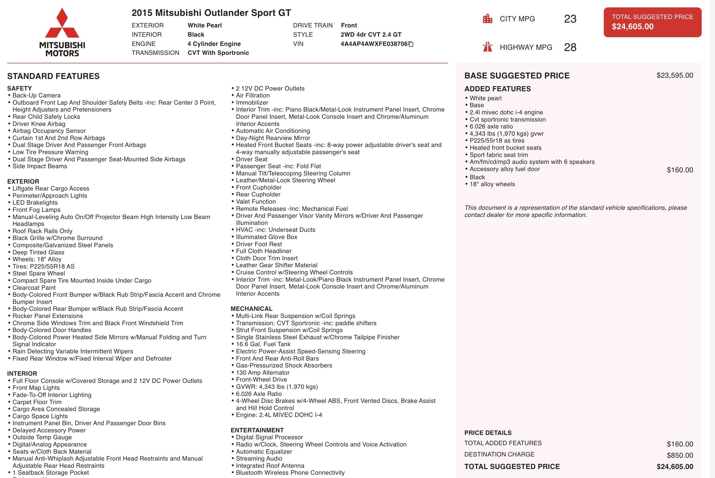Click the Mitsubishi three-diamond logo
point(62,24)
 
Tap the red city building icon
point(487,19)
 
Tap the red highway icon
point(487,47)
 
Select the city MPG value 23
point(570,19)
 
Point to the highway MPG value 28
point(570,47)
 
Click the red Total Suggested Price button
point(652,22)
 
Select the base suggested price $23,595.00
point(675,75)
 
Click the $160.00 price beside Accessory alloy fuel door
point(680,170)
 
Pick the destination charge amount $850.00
point(680,455)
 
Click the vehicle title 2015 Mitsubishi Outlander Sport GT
point(211,13)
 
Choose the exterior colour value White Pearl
point(205,25)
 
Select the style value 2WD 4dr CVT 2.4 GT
point(371,34)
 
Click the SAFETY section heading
point(19,88)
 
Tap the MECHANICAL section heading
point(251,308)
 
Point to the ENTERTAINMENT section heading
point(257,430)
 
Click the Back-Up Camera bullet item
point(36,95)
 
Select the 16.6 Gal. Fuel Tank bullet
point(263,344)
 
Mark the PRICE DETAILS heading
point(488,433)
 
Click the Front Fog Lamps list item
point(36,210)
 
